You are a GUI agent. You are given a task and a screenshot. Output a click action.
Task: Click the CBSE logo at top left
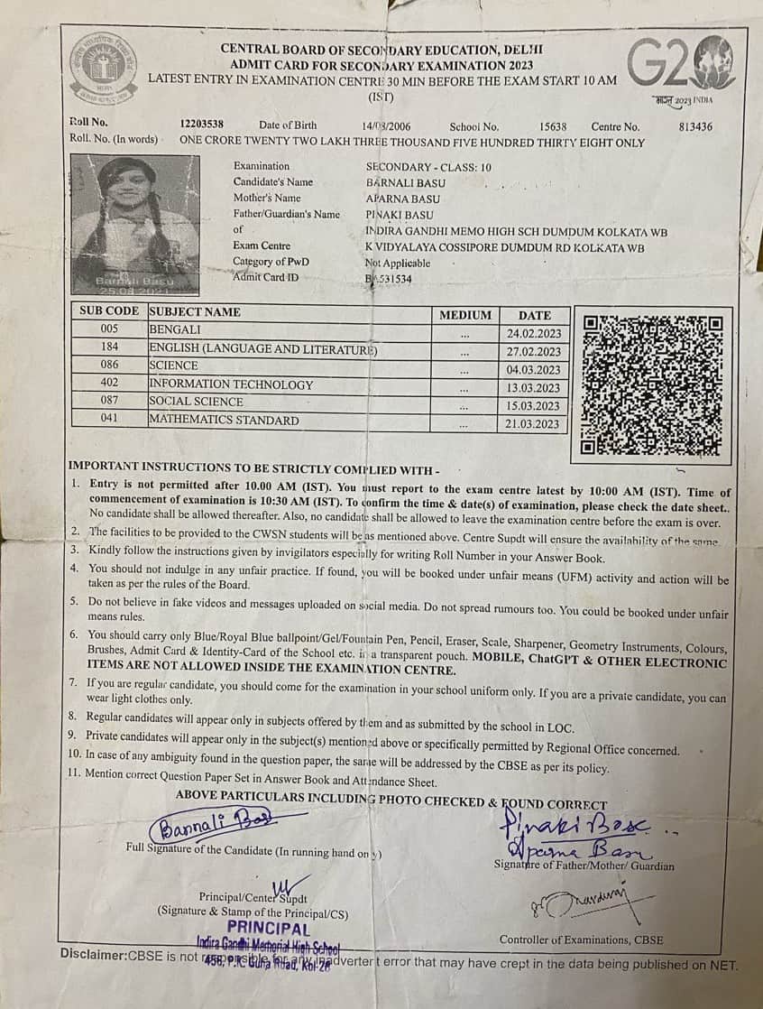coord(104,68)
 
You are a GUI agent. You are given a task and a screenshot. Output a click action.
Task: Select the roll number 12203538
coord(202,125)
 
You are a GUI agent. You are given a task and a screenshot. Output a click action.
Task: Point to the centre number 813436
coord(694,127)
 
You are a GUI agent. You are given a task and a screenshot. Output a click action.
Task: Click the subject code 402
coord(109,384)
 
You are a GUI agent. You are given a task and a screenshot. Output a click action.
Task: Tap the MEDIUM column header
coord(465,315)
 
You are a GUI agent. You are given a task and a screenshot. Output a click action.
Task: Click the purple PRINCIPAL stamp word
coord(269,928)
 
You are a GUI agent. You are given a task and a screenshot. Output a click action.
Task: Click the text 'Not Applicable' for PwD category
coord(398,264)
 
